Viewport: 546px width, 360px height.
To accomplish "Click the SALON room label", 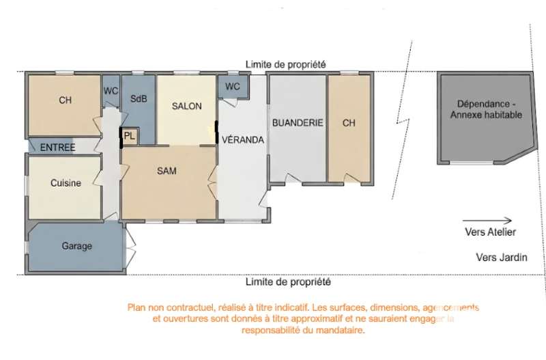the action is (x=186, y=106).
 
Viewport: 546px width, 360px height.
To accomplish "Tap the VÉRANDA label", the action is (x=243, y=140).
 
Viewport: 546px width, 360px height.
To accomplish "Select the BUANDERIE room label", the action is (x=298, y=123).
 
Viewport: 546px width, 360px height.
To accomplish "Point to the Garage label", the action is (x=77, y=246).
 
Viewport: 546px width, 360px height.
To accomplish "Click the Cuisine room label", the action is (x=66, y=183).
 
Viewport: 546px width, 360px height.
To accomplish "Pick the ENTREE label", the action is (x=58, y=148).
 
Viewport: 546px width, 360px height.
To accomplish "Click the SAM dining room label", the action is (x=167, y=171).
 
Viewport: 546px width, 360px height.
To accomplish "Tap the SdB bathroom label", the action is (x=139, y=99).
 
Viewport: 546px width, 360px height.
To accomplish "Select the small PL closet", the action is (x=130, y=135).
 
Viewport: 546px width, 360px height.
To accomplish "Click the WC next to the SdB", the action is (x=111, y=91).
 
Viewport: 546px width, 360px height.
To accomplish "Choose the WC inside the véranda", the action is (x=233, y=86).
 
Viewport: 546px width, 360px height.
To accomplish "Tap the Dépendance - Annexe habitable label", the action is (x=487, y=109).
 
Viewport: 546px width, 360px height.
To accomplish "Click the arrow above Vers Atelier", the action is (x=487, y=220).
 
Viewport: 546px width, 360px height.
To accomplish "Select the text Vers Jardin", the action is (x=502, y=258).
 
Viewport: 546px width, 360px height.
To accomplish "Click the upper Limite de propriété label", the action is (x=286, y=64).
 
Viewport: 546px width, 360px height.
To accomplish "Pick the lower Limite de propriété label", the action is (x=288, y=281).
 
